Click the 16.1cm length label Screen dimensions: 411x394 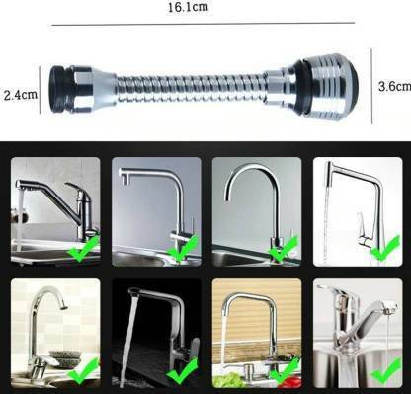pyautogui.click(x=188, y=7)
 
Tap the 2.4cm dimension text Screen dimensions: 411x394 pyautogui.click(x=21, y=95)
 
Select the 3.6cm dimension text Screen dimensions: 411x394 pyautogui.click(x=394, y=86)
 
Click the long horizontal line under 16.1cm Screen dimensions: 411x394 pyautogui.click(x=204, y=24)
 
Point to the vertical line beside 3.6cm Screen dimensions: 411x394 pyautogui.click(x=371, y=86)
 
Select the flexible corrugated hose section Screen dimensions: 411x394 pyautogui.click(x=192, y=88)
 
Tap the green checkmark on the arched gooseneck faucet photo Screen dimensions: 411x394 pyautogui.click(x=283, y=250)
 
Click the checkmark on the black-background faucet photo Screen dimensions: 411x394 pyautogui.click(x=182, y=371)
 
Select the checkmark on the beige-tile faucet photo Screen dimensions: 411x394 pyautogui.click(x=285, y=371)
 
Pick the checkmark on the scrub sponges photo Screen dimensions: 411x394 pyautogui.click(x=83, y=371)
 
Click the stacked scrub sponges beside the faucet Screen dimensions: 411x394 pyautogui.click(x=65, y=358)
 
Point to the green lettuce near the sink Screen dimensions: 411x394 pyautogui.click(x=226, y=380)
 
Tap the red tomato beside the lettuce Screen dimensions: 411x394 pyautogui.click(x=289, y=382)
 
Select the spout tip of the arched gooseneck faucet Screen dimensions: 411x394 pyautogui.click(x=226, y=197)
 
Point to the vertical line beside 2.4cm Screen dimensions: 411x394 pyautogui.click(x=40, y=90)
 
